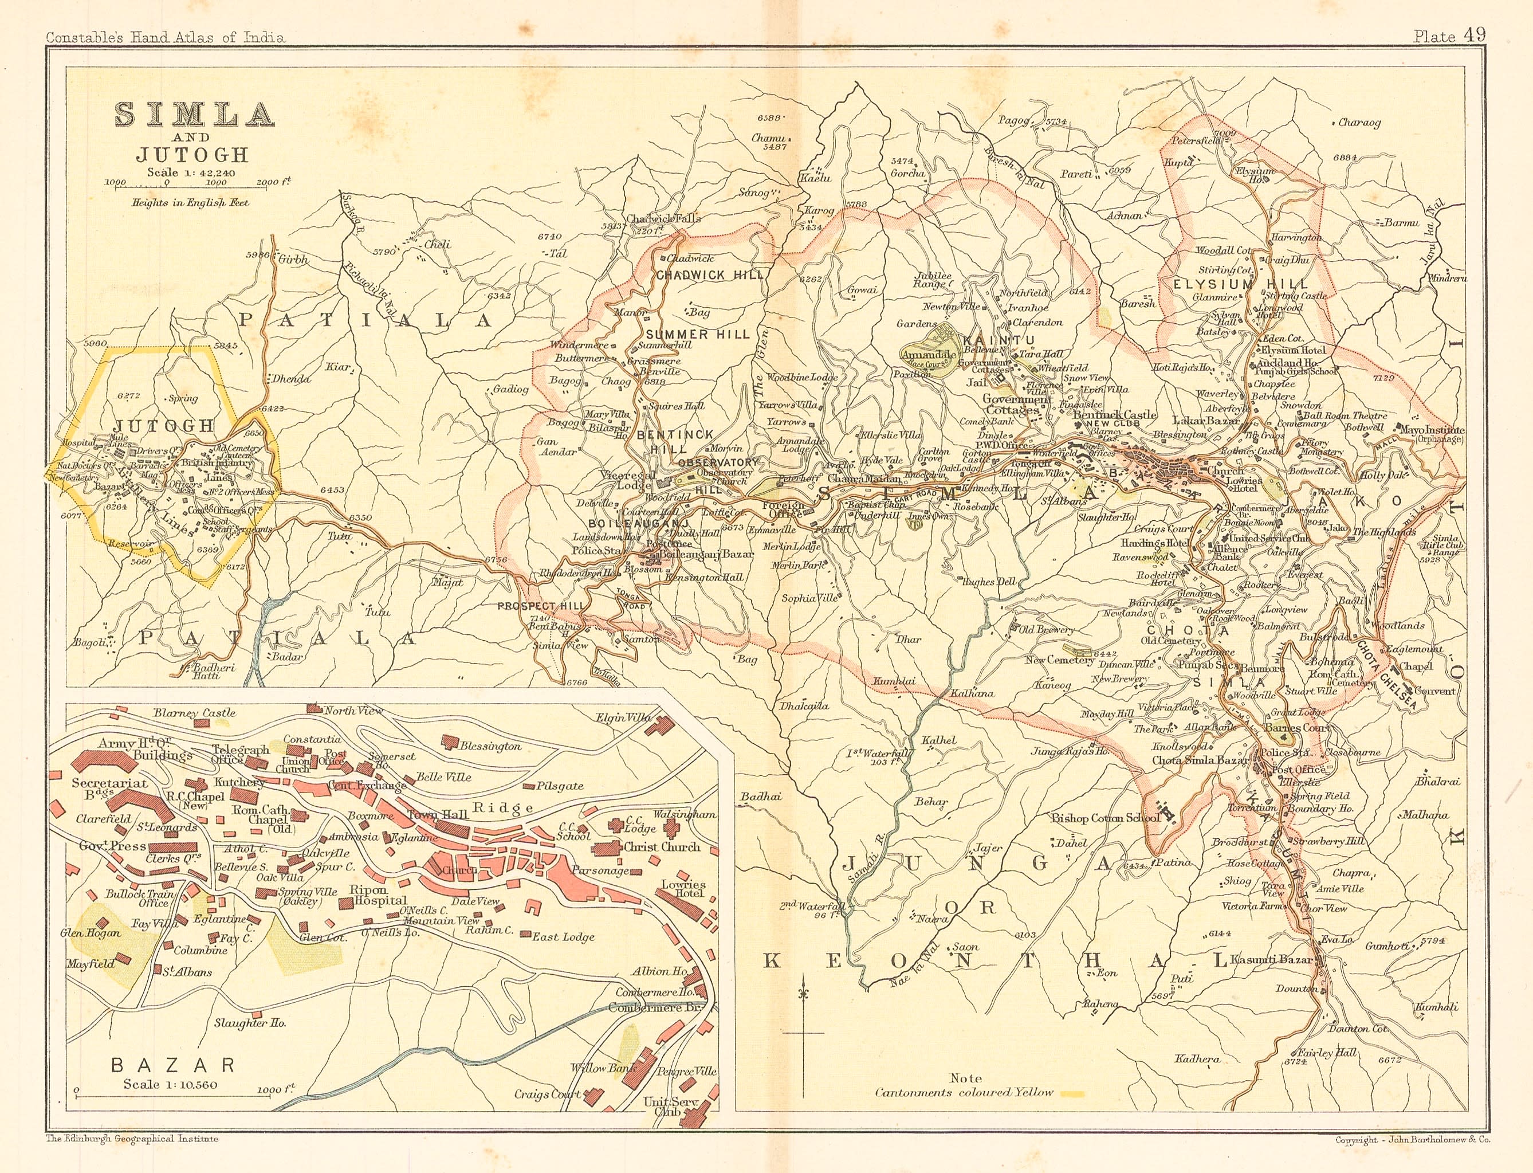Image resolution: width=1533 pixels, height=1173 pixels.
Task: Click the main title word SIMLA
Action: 194,115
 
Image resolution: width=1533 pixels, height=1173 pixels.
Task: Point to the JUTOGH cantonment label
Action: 164,425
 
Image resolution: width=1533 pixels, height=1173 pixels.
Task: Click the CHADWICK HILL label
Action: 710,275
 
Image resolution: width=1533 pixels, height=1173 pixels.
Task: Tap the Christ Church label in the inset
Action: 662,847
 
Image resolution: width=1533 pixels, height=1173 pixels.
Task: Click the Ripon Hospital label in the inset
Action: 368,895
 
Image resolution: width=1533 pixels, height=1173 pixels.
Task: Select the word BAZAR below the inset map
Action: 174,1065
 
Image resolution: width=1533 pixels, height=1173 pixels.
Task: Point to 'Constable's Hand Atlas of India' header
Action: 165,38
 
